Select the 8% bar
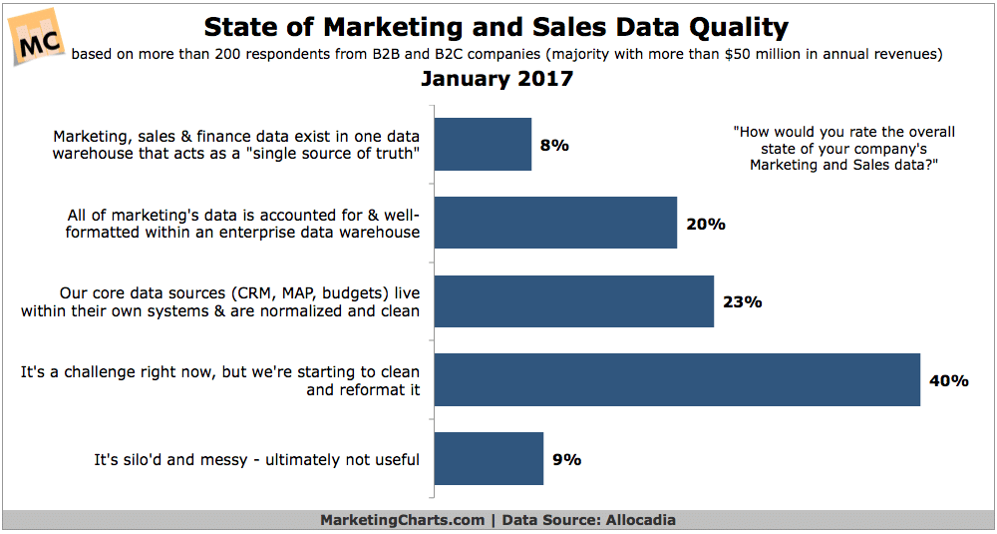coord(484,145)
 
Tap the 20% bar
coord(556,223)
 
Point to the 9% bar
coord(490,458)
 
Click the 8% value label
coord(553,146)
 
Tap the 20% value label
coord(705,224)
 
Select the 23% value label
coord(742,301)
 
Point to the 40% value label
coord(948,380)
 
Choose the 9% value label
coord(565,459)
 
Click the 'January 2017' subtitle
coord(497,80)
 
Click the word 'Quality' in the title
coord(726,27)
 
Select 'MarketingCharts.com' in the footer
coord(402,520)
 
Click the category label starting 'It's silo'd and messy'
coord(256,459)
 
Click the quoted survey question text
coord(842,149)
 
